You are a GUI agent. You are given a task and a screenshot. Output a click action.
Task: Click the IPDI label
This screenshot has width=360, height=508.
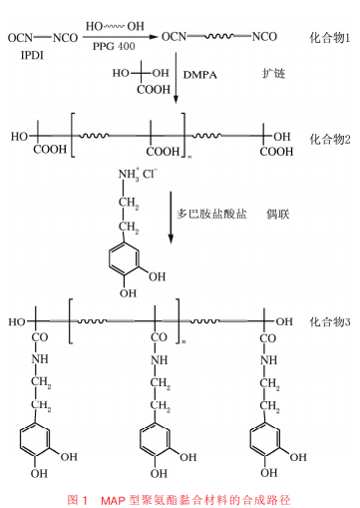pyautogui.click(x=32, y=55)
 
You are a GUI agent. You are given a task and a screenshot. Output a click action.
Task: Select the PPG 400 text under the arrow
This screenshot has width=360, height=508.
pyautogui.click(x=114, y=46)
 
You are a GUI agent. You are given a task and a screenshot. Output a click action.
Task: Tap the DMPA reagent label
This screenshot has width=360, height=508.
pyautogui.click(x=200, y=75)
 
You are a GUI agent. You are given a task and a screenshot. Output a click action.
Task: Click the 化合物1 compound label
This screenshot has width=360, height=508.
pyautogui.click(x=329, y=38)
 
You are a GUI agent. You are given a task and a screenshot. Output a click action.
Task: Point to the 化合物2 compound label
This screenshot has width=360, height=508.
pyautogui.click(x=330, y=140)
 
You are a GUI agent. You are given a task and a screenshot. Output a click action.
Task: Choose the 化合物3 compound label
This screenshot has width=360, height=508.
pyautogui.click(x=330, y=322)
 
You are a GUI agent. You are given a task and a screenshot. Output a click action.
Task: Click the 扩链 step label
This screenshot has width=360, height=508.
pyautogui.click(x=273, y=74)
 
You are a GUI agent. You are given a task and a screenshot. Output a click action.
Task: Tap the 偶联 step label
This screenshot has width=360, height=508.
pyautogui.click(x=277, y=214)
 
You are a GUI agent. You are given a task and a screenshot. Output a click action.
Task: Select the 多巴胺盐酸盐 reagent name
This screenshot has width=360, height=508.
pyautogui.click(x=211, y=214)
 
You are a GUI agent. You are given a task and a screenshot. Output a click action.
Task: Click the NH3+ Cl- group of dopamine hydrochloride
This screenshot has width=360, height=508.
pyautogui.click(x=138, y=174)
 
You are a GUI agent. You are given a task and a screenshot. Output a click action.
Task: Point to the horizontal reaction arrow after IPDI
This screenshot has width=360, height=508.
pyautogui.click(x=121, y=37)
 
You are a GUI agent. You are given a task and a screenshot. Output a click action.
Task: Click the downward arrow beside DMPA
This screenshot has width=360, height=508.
pyautogui.click(x=176, y=77)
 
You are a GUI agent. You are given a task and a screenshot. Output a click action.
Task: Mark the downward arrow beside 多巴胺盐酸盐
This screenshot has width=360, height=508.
pyautogui.click(x=171, y=218)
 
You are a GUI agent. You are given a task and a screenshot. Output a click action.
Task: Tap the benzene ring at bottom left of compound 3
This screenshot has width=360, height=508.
pyautogui.click(x=35, y=440)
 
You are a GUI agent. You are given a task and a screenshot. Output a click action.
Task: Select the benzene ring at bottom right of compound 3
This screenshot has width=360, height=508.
pyautogui.click(x=264, y=439)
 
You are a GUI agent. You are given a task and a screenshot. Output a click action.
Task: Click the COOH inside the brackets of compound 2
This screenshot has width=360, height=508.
pyautogui.click(x=163, y=152)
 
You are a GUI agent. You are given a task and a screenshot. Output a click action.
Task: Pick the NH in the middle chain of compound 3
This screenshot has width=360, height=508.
pyautogui.click(x=160, y=360)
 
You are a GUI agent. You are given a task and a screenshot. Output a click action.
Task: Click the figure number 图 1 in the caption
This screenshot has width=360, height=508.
pyautogui.click(x=78, y=500)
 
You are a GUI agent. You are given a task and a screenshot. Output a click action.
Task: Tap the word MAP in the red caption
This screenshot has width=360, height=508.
pyautogui.click(x=113, y=500)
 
